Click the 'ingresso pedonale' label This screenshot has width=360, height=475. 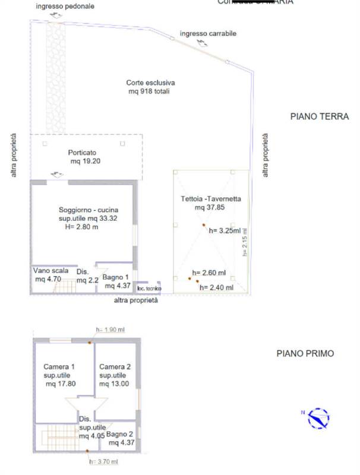coord(64,6)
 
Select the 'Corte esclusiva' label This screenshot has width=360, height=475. coord(150,83)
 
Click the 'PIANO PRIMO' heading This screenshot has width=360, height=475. coord(305,353)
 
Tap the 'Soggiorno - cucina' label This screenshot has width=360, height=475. coord(89,210)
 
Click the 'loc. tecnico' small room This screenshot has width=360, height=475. coord(149,289)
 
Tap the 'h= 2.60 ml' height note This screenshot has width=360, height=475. coord(209,273)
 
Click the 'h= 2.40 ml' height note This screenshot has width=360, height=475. coord(217,287)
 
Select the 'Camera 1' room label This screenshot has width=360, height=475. coord(58,366)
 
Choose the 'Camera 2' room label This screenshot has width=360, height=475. coord(113,366)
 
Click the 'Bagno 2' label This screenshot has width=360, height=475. coord(121,434)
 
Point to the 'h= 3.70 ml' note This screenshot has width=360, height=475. coord(103,461)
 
